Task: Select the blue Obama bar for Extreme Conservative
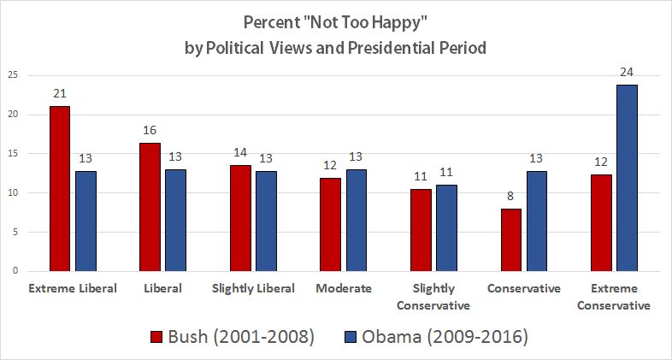pos(624,178)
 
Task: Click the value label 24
pos(625,73)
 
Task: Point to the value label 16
pos(150,130)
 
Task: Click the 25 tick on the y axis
pos(13,75)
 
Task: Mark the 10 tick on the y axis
pos(13,192)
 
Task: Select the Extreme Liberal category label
pos(73,288)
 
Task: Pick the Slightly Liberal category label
pos(253,288)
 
